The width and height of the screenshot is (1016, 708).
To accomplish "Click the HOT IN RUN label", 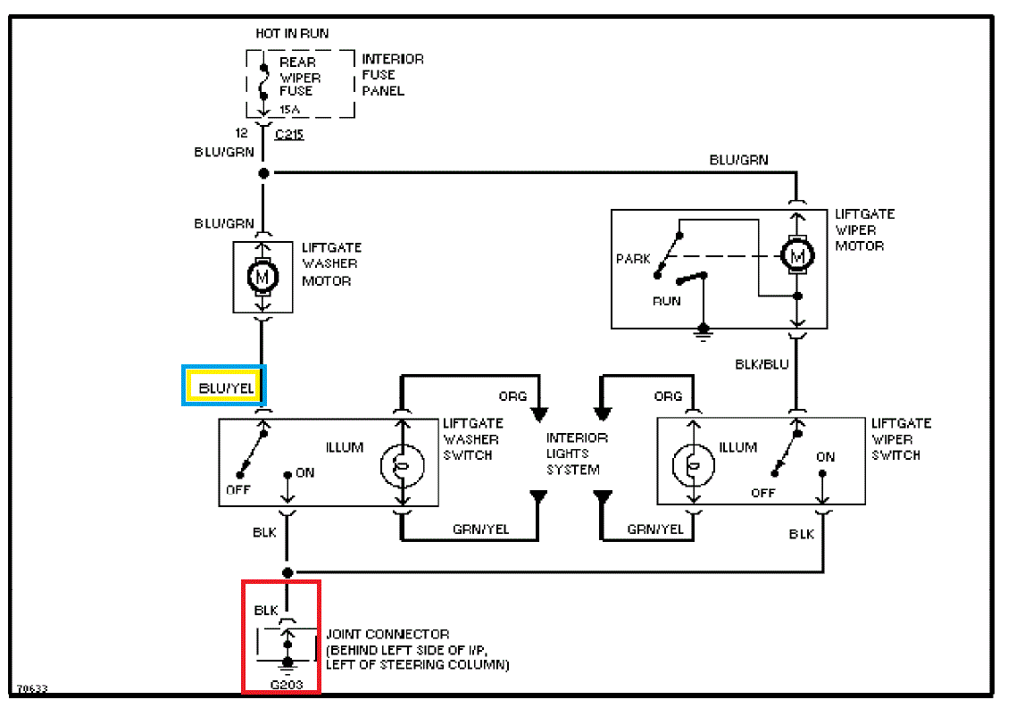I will (292, 34).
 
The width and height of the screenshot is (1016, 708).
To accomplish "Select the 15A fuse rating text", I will (290, 109).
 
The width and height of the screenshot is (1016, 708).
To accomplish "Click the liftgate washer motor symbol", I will (262, 277).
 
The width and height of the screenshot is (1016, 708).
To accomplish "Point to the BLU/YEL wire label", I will (224, 387).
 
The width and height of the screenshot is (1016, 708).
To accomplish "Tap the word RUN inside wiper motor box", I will (666, 301).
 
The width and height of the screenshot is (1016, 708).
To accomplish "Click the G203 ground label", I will (286, 686).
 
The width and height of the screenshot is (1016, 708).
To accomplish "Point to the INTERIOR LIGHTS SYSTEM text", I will (577, 454).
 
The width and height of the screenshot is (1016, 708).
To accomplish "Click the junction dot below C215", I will (263, 172).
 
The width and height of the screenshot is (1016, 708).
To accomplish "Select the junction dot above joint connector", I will (287, 572).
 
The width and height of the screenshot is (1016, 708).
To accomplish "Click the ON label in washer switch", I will (305, 472).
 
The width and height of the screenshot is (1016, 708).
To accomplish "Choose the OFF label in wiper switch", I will (763, 492).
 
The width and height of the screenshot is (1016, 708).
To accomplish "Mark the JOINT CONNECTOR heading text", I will (387, 635).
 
